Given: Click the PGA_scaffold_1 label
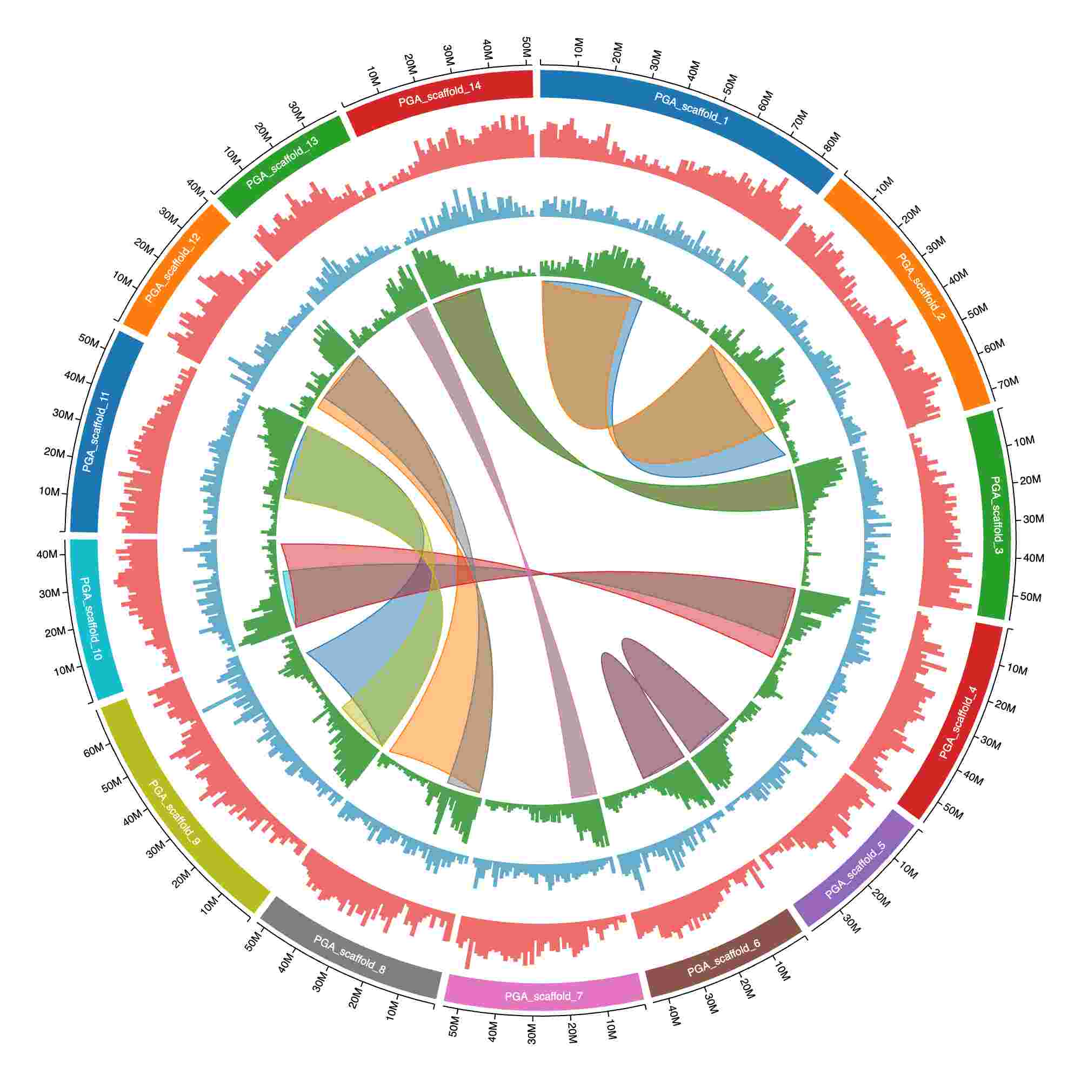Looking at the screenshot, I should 691,108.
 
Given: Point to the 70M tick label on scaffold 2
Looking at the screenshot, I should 1008,383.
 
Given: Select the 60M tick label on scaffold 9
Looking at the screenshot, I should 94,750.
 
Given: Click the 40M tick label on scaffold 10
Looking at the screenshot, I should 47,555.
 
